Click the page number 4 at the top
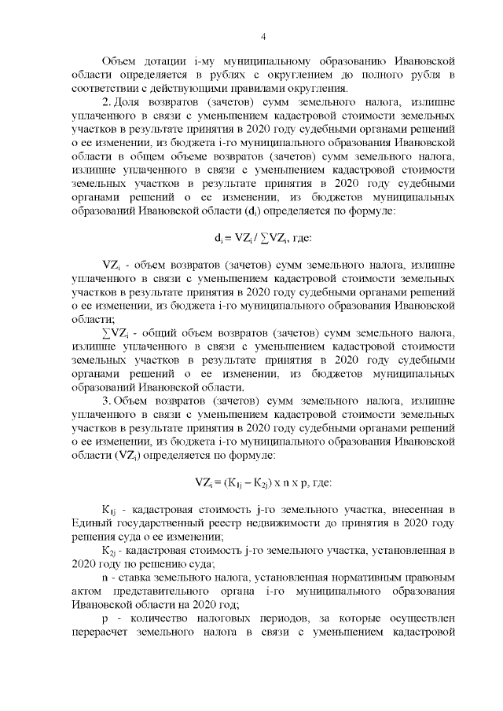pos(264,36)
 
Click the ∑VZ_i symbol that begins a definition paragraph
pos(114,333)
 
